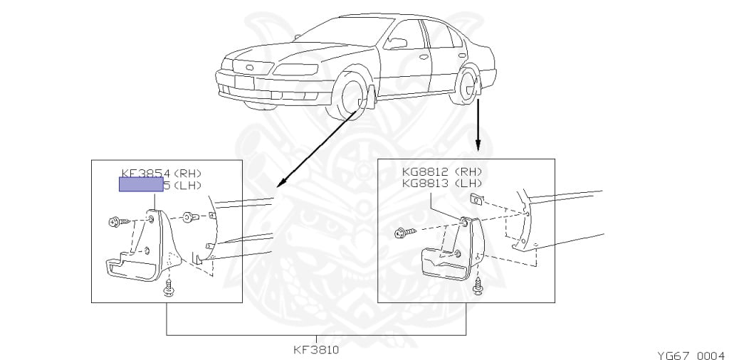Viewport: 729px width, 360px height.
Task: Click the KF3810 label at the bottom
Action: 316,349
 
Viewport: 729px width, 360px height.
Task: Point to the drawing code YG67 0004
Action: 690,354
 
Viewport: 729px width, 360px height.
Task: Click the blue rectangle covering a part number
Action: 141,186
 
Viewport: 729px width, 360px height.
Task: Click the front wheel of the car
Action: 353,100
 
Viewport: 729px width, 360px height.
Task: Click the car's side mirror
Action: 397,43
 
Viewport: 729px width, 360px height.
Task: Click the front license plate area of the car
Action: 244,82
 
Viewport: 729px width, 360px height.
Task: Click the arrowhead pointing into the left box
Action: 279,183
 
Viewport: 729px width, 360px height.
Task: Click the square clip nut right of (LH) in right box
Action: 478,199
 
